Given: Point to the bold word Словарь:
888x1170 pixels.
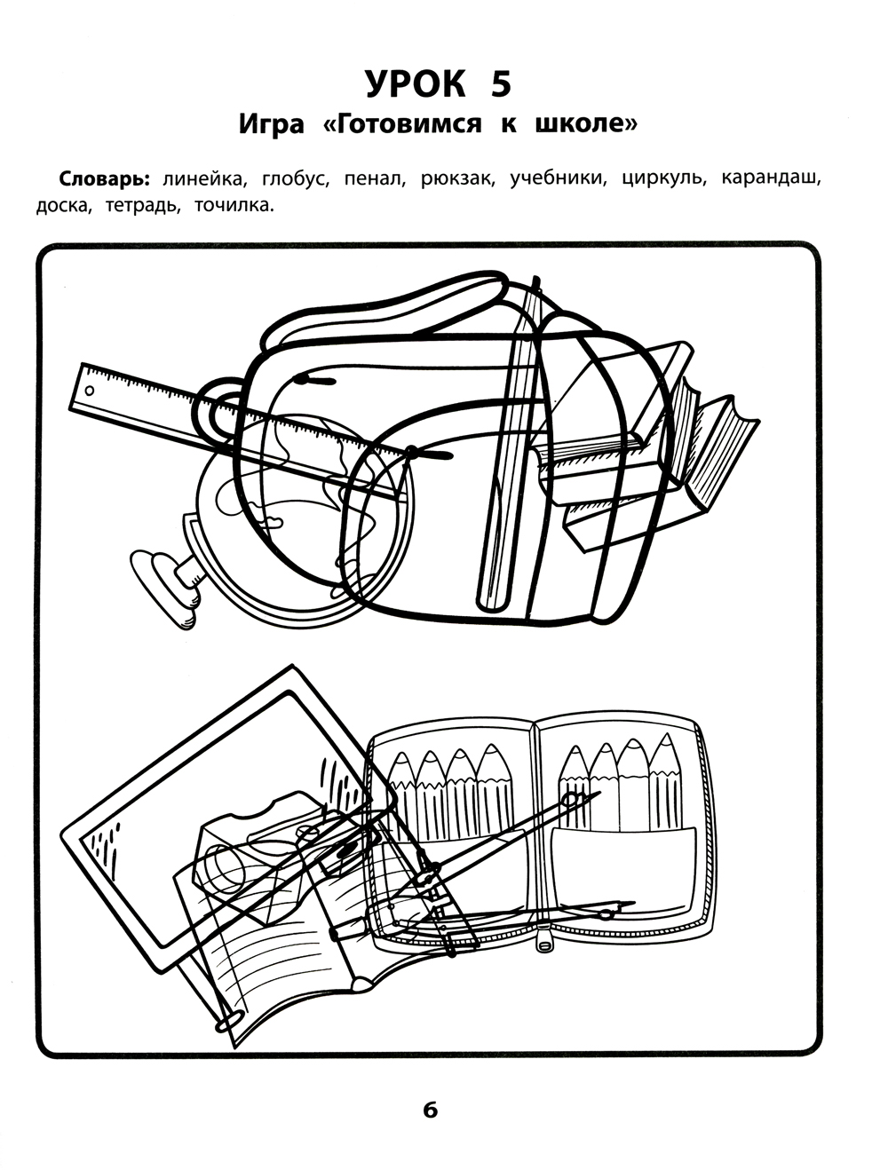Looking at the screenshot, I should pos(107,178).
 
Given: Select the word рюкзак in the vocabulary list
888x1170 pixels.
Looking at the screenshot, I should pos(456,179).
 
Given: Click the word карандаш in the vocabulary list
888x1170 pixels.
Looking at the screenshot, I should pos(770,178).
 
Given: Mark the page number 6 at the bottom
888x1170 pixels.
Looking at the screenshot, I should pos(431,1110).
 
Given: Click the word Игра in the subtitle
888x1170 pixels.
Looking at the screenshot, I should pos(271,125).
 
